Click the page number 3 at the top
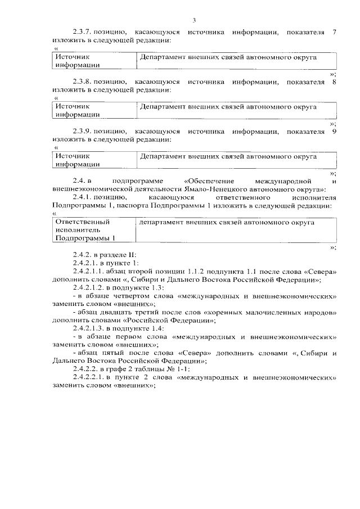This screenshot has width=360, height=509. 194,21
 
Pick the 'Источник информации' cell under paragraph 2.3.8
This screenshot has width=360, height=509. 93,110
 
